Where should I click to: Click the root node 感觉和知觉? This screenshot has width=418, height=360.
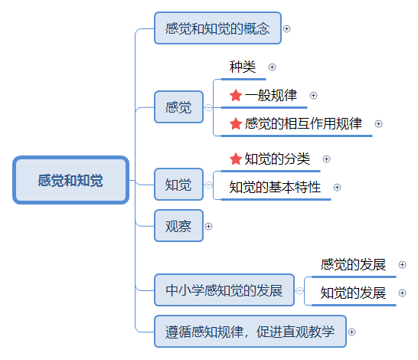click(71, 180)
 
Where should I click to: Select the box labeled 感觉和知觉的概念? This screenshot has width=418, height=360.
click(217, 28)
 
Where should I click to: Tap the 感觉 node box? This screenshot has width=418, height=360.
click(178, 107)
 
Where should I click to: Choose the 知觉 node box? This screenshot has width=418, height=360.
click(178, 185)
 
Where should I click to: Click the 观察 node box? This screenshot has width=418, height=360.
click(178, 226)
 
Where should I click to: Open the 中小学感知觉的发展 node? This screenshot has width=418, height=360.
click(224, 290)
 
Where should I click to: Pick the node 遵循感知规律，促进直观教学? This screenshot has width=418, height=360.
click(250, 332)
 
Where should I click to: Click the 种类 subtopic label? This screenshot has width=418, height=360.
click(243, 67)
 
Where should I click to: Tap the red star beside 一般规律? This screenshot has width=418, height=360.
click(236, 95)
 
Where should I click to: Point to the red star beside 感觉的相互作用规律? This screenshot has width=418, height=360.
click(236, 123)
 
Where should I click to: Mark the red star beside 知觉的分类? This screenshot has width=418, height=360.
click(236, 159)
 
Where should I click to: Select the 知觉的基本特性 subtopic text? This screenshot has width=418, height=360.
click(275, 187)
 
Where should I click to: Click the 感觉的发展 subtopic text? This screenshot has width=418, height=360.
click(353, 264)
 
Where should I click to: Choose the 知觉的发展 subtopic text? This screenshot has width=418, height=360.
click(353, 293)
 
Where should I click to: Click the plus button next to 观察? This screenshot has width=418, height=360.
click(208, 227)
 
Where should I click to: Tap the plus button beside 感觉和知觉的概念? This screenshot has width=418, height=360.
click(286, 28)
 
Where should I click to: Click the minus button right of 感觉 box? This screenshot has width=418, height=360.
click(208, 107)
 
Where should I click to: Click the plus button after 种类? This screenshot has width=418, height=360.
click(272, 67)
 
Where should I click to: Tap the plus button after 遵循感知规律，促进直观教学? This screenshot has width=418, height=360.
click(351, 332)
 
